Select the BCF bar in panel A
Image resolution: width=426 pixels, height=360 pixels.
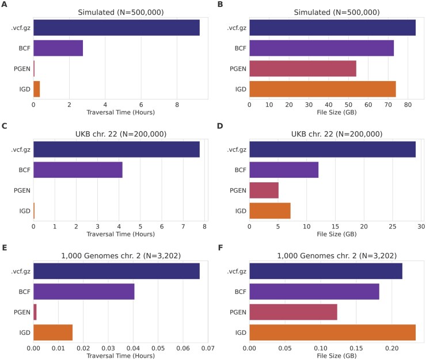click(58, 48)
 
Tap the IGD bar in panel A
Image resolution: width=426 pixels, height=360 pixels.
click(36, 89)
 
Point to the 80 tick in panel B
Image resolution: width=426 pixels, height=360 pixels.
click(407, 105)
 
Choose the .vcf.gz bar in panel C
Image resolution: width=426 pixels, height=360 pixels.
click(116, 150)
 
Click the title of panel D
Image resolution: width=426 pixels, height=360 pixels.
click(336, 133)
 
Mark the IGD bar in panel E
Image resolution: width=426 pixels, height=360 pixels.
click(53, 332)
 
